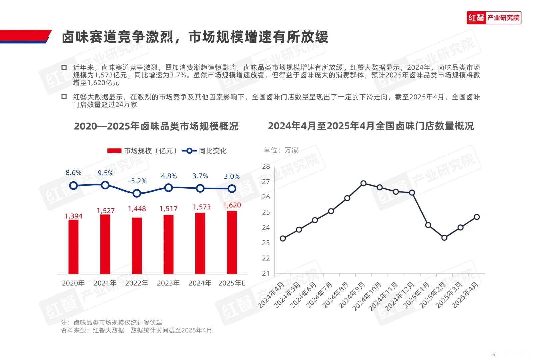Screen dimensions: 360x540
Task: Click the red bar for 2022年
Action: click(x=137, y=246)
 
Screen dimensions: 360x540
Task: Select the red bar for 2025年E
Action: click(x=232, y=242)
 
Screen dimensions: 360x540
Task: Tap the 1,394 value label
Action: click(x=73, y=216)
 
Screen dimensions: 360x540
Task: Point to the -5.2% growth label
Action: click(x=137, y=181)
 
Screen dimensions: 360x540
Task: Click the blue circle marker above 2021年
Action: click(x=105, y=185)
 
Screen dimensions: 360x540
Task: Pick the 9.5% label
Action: click(x=105, y=173)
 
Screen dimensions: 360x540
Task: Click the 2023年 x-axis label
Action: click(x=168, y=283)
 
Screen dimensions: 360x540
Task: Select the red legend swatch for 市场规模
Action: click(x=114, y=151)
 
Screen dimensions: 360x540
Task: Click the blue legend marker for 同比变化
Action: click(x=189, y=151)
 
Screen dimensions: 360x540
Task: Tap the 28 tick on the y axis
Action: click(x=266, y=166)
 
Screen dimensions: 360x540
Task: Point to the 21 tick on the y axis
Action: click(x=266, y=273)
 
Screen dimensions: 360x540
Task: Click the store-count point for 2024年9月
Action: click(x=363, y=183)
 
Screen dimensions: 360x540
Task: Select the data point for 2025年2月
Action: click(x=444, y=238)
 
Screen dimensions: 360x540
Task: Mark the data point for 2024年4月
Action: click(x=283, y=238)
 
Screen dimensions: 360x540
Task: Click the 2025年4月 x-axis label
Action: click(x=466, y=295)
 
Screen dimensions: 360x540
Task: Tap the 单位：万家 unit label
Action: click(x=281, y=150)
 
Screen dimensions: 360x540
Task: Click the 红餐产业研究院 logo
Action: click(x=494, y=18)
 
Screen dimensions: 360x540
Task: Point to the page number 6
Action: click(x=494, y=354)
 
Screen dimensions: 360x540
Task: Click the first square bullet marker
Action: click(x=64, y=67)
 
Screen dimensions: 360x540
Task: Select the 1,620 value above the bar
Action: click(x=232, y=205)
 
